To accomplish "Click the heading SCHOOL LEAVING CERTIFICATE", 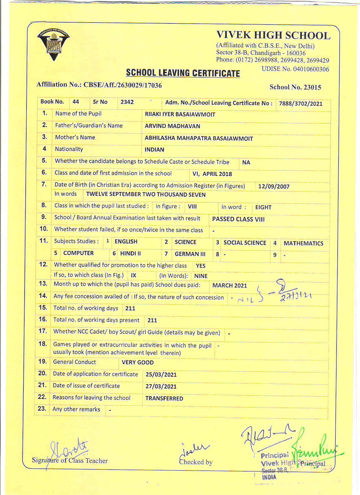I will tap(183, 73).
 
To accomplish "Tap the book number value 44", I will tap(76, 102).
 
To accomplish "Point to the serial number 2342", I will tap(127, 102).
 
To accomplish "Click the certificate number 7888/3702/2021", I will tap(300, 104).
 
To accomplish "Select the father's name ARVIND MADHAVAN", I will tap(172, 126).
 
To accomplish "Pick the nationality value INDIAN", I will tap(154, 150).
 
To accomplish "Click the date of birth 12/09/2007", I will tap(274, 187).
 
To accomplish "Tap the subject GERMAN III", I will tap(190, 254).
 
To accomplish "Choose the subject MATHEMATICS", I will tap(303, 243).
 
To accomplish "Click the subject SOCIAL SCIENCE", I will tap(245, 243).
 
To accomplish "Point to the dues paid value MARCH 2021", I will tap(230, 286).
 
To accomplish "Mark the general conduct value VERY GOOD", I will tap(138, 363).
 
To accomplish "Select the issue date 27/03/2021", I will tap(161, 386).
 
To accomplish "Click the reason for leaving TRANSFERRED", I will tap(164, 398).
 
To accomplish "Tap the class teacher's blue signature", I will tap(68, 450).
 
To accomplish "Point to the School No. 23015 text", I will tap(295, 87).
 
